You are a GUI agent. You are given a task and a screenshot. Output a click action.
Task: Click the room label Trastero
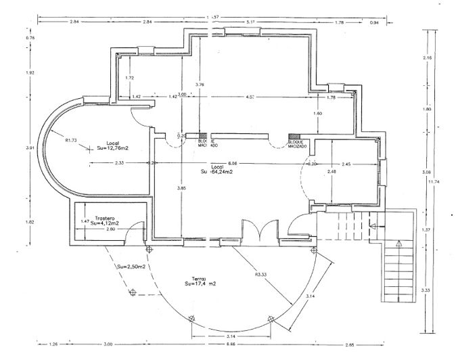pos(104,218)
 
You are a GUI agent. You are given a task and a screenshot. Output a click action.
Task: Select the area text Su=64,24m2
pos(217,172)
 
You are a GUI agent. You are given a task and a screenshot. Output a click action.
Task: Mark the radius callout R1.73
pos(71,140)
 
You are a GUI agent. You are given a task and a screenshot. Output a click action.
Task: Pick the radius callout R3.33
pos(260,275)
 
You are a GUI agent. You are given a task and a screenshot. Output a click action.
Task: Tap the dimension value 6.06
pos(233,163)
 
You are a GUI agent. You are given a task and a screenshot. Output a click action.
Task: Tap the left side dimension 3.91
pos(30,148)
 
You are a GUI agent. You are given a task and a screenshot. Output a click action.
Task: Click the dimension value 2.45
pos(345,164)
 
